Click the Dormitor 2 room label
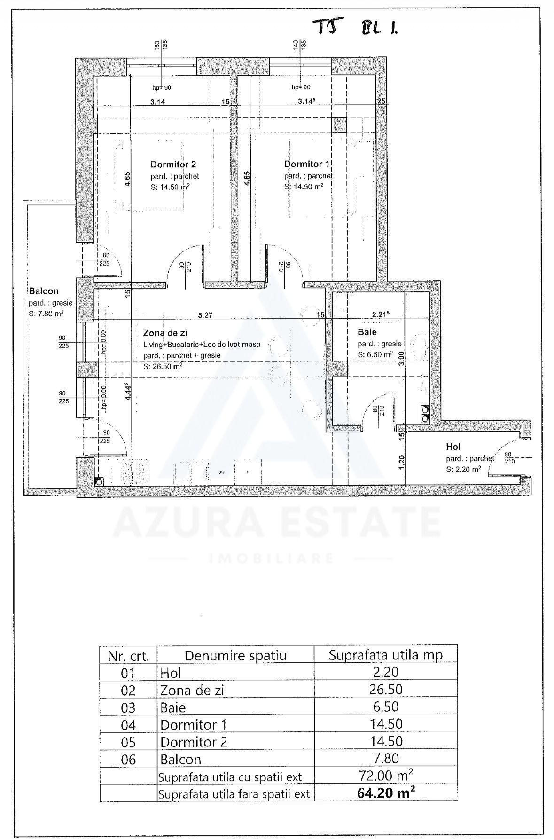point(173,165)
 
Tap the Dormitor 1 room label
point(306,164)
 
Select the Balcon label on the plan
point(43,291)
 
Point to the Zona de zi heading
point(164,333)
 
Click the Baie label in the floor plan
point(367,332)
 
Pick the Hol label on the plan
point(453,447)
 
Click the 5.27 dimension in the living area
point(205,315)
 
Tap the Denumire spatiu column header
point(235,656)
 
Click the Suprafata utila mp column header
point(386,655)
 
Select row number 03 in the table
point(128,708)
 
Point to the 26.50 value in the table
point(386,690)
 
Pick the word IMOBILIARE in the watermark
point(271,558)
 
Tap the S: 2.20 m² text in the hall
point(463,469)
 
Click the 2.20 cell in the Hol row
point(386,673)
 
